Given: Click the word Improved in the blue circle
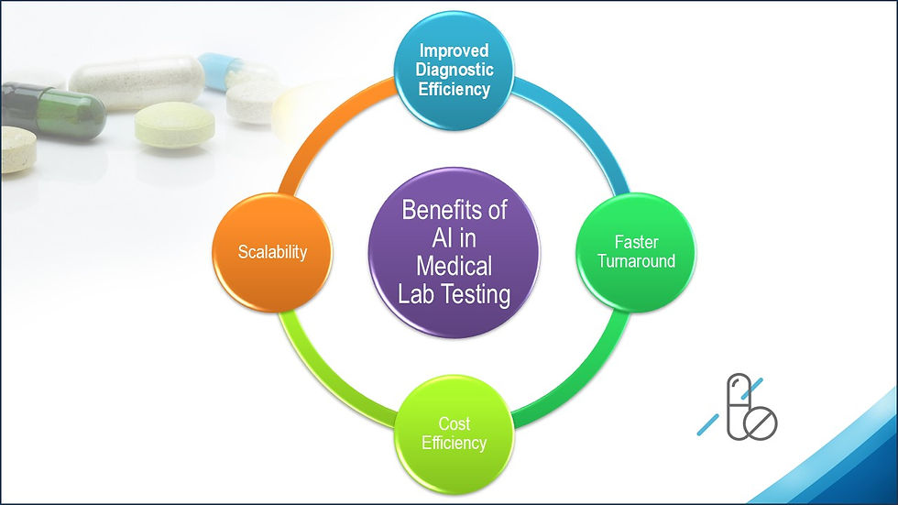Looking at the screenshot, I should coord(454,50).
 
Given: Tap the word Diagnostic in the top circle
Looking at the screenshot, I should coord(454,70).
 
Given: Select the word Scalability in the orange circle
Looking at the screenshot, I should coord(272,251).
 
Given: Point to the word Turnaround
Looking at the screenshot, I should coord(636,261).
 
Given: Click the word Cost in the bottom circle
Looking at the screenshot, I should coord(454,424).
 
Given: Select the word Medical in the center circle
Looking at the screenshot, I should coord(454,266).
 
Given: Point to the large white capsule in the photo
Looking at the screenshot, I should coord(137,82).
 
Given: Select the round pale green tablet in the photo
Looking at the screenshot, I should coord(174,125).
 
